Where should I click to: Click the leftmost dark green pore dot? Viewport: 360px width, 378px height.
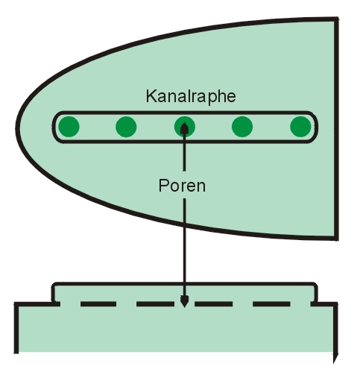point(69,127)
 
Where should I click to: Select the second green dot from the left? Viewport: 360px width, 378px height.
point(126,127)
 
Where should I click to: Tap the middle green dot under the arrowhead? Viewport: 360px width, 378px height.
point(184,127)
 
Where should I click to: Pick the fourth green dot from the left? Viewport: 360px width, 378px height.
point(242,127)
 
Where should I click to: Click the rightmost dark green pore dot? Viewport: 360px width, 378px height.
point(300,127)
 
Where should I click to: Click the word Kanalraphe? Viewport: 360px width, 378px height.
point(191,96)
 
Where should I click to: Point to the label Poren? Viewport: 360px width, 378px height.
point(182,186)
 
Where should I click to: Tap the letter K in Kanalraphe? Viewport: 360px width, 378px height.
point(151,95)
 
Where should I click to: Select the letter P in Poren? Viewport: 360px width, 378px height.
point(163,185)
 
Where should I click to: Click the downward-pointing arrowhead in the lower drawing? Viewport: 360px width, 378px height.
point(184,301)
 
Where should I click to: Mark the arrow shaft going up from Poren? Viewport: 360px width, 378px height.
point(184,152)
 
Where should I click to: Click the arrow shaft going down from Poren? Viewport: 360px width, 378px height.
point(184,248)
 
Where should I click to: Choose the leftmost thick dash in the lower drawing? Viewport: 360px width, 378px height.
point(98,303)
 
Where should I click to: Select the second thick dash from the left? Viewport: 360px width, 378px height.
point(155,303)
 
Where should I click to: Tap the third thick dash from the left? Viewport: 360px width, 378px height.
point(213,303)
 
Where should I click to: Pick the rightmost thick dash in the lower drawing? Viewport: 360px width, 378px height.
point(271,303)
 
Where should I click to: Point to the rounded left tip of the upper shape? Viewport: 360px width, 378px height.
point(17,126)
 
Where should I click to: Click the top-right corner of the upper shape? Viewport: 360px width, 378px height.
point(336,19)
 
